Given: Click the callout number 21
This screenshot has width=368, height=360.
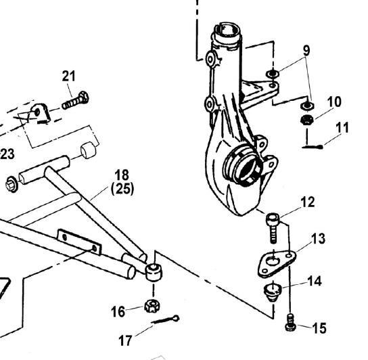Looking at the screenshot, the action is (69, 76).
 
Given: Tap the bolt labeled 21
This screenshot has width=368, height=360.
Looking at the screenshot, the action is (76, 101).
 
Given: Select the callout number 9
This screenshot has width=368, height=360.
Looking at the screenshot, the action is (306, 50).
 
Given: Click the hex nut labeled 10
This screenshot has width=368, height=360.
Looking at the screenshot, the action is (307, 120).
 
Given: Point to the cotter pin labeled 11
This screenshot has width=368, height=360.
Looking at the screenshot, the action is (313, 147).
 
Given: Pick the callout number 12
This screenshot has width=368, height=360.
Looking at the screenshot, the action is (307, 202).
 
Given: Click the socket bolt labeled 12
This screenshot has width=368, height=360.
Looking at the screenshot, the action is (273, 228).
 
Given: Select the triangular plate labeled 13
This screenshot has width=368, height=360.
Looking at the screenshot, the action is (277, 263).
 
